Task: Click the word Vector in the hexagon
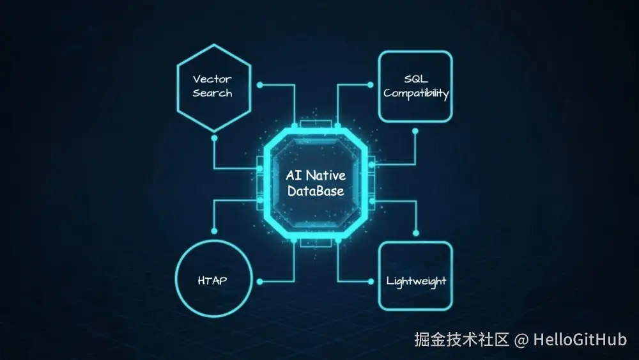coord(212,79)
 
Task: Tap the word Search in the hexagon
coord(212,93)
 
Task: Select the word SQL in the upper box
coord(416,79)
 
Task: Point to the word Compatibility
coord(416,93)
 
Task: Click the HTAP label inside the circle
coord(212,281)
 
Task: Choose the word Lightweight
coord(416,281)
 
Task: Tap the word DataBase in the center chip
coord(316,191)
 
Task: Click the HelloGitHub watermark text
coord(580,340)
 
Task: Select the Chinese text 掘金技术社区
coord(461,340)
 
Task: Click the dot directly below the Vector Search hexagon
coord(214,137)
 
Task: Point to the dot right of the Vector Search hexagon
coord(259,84)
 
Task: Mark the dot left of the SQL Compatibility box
coord(371,84)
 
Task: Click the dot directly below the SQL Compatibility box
coord(415,131)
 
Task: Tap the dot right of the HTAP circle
coord(259,281)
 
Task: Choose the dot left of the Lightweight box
coord(371,281)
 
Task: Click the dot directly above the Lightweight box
coord(415,232)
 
